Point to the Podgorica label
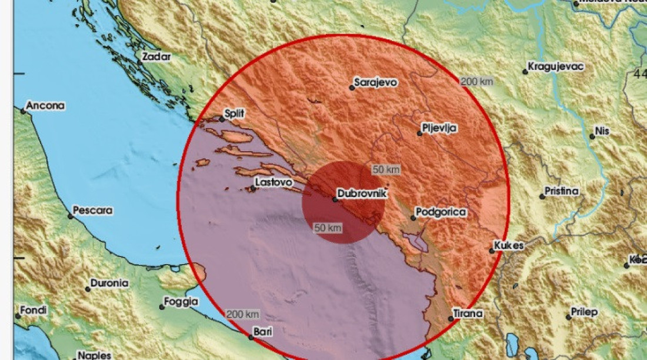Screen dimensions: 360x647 [x=441, y=212]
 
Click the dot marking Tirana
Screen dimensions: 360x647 [x=451, y=319]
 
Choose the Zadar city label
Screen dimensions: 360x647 [x=157, y=57]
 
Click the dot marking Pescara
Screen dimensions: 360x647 [x=71, y=216]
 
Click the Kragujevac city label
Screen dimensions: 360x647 [x=556, y=66]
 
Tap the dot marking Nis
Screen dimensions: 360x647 [x=593, y=136]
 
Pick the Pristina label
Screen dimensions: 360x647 [x=562, y=191]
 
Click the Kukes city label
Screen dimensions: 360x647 [x=509, y=246]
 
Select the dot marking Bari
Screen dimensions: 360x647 [x=249, y=337]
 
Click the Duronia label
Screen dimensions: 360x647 [x=110, y=284]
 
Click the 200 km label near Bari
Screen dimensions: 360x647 [x=242, y=315]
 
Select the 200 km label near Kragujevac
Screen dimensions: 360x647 [x=477, y=82]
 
